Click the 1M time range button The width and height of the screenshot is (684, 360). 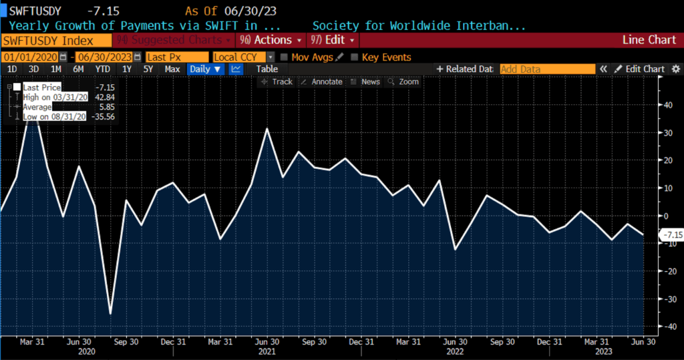56,69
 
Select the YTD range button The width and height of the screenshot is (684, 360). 102,69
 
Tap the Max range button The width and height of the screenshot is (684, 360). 172,69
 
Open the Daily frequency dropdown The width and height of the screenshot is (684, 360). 206,69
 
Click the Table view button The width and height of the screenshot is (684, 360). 267,69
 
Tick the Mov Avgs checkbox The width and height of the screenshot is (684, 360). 285,57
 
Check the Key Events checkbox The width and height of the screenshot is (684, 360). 355,57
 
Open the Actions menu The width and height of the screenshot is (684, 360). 270,40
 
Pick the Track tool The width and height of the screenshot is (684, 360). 277,81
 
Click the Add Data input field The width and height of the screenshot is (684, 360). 546,69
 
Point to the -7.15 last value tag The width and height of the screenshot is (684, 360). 671,235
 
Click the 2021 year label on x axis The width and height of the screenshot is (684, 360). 268,351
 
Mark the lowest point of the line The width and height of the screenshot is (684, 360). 110,314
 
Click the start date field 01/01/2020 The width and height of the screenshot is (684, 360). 30,57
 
